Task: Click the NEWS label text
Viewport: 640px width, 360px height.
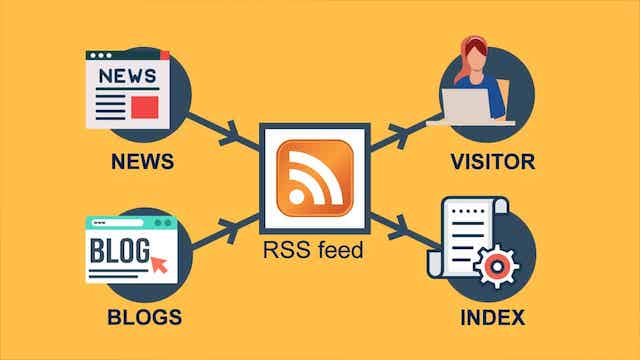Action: pos(143,162)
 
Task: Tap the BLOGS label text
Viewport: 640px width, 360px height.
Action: pos(144,318)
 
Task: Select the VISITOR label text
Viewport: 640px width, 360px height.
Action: pos(492,162)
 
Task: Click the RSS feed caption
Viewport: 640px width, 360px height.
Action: pos(314,251)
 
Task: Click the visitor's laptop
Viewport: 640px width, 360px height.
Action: pos(465,105)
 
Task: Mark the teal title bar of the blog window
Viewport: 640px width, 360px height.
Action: pos(129,222)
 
